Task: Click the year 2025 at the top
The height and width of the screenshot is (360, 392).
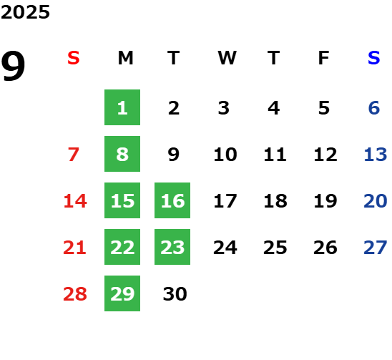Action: (25, 12)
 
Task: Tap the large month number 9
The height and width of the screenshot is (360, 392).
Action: (13, 66)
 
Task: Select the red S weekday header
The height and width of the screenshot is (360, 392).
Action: (74, 58)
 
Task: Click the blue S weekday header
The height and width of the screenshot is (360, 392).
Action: (374, 58)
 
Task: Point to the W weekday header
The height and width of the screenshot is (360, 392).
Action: (227, 58)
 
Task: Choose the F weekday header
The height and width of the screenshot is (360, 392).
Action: (324, 58)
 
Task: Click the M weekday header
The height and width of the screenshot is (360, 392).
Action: (125, 58)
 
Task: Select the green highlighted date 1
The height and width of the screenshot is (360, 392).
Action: (122, 107)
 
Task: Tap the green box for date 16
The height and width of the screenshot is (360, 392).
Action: (172, 200)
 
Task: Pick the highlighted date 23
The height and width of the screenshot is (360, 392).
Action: (172, 247)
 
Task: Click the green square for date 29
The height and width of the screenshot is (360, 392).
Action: (122, 293)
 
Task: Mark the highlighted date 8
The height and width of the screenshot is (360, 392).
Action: (122, 154)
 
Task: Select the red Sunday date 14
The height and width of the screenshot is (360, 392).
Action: (75, 201)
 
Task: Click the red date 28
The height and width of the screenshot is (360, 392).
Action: (75, 294)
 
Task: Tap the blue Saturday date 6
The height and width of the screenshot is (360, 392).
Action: (374, 108)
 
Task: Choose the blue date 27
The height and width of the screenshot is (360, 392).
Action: (376, 248)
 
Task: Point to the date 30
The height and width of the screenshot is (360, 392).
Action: (175, 294)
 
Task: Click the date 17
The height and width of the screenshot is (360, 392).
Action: (225, 201)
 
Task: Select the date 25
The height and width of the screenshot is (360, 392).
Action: (275, 248)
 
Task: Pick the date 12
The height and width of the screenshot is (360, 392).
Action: (325, 155)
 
